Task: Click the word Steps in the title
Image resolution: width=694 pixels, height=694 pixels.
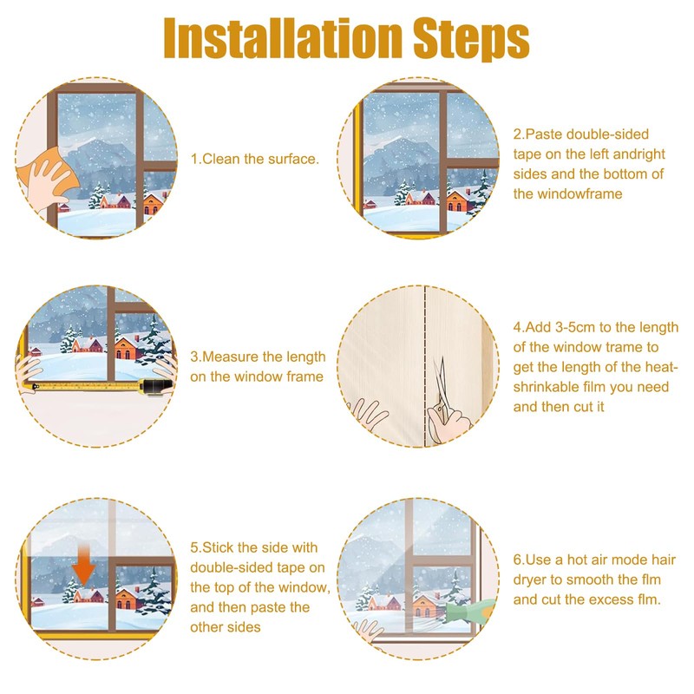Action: tap(471, 40)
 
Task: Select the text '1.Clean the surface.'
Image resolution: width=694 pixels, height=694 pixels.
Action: tap(254, 159)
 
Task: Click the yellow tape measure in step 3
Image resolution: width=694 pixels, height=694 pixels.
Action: tap(88, 386)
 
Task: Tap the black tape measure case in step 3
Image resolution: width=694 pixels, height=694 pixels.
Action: tap(155, 387)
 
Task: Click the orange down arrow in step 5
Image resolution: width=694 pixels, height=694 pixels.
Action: tap(83, 565)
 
